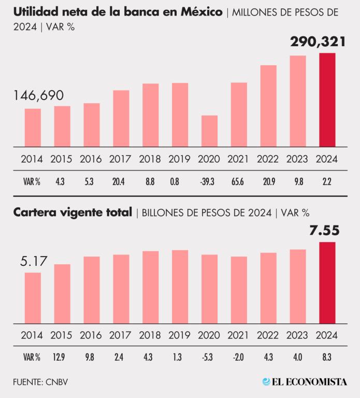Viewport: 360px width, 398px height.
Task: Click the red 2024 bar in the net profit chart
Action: [327, 100]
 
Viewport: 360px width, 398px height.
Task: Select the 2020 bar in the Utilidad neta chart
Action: [209, 131]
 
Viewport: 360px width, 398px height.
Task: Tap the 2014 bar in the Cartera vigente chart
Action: [33, 298]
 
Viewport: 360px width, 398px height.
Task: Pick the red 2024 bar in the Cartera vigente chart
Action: [327, 283]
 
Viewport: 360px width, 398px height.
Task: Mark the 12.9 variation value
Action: [62, 357]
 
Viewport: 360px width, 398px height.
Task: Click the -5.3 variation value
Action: [209, 357]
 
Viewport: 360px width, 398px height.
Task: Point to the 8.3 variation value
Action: [327, 357]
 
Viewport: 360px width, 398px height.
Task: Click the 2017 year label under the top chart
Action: [121, 160]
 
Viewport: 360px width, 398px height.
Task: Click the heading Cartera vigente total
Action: [73, 212]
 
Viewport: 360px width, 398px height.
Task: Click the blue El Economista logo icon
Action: [266, 382]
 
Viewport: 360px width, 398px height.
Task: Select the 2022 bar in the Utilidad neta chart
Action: [268, 106]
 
